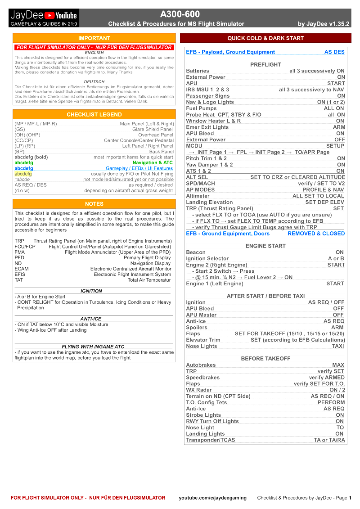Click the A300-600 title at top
[x=180, y=14]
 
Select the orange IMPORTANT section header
[x=94, y=38]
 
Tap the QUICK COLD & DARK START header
[x=265, y=38]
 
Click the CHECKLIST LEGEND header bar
[x=94, y=115]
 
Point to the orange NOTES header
[x=94, y=204]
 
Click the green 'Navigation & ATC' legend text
[x=153, y=162]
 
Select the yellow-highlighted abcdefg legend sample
[x=23, y=174]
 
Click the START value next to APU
[x=336, y=83]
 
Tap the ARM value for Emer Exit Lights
[x=339, y=127]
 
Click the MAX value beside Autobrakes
[x=338, y=365]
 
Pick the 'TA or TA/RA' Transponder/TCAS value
[x=329, y=440]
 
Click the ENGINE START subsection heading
[x=265, y=246]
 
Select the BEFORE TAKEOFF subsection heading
[x=265, y=359]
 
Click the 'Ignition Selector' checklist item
[x=207, y=259]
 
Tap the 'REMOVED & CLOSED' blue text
[x=316, y=234]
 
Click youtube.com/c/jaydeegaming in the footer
[x=212, y=498]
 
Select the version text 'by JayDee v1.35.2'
[x=324, y=24]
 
